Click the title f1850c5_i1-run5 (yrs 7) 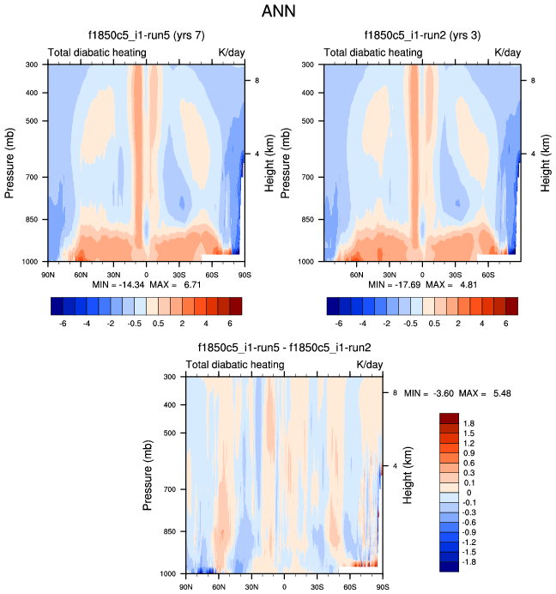[146, 36]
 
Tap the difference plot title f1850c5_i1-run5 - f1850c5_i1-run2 [284, 348]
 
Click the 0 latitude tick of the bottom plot [284, 585]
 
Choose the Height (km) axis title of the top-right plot [546, 162]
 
